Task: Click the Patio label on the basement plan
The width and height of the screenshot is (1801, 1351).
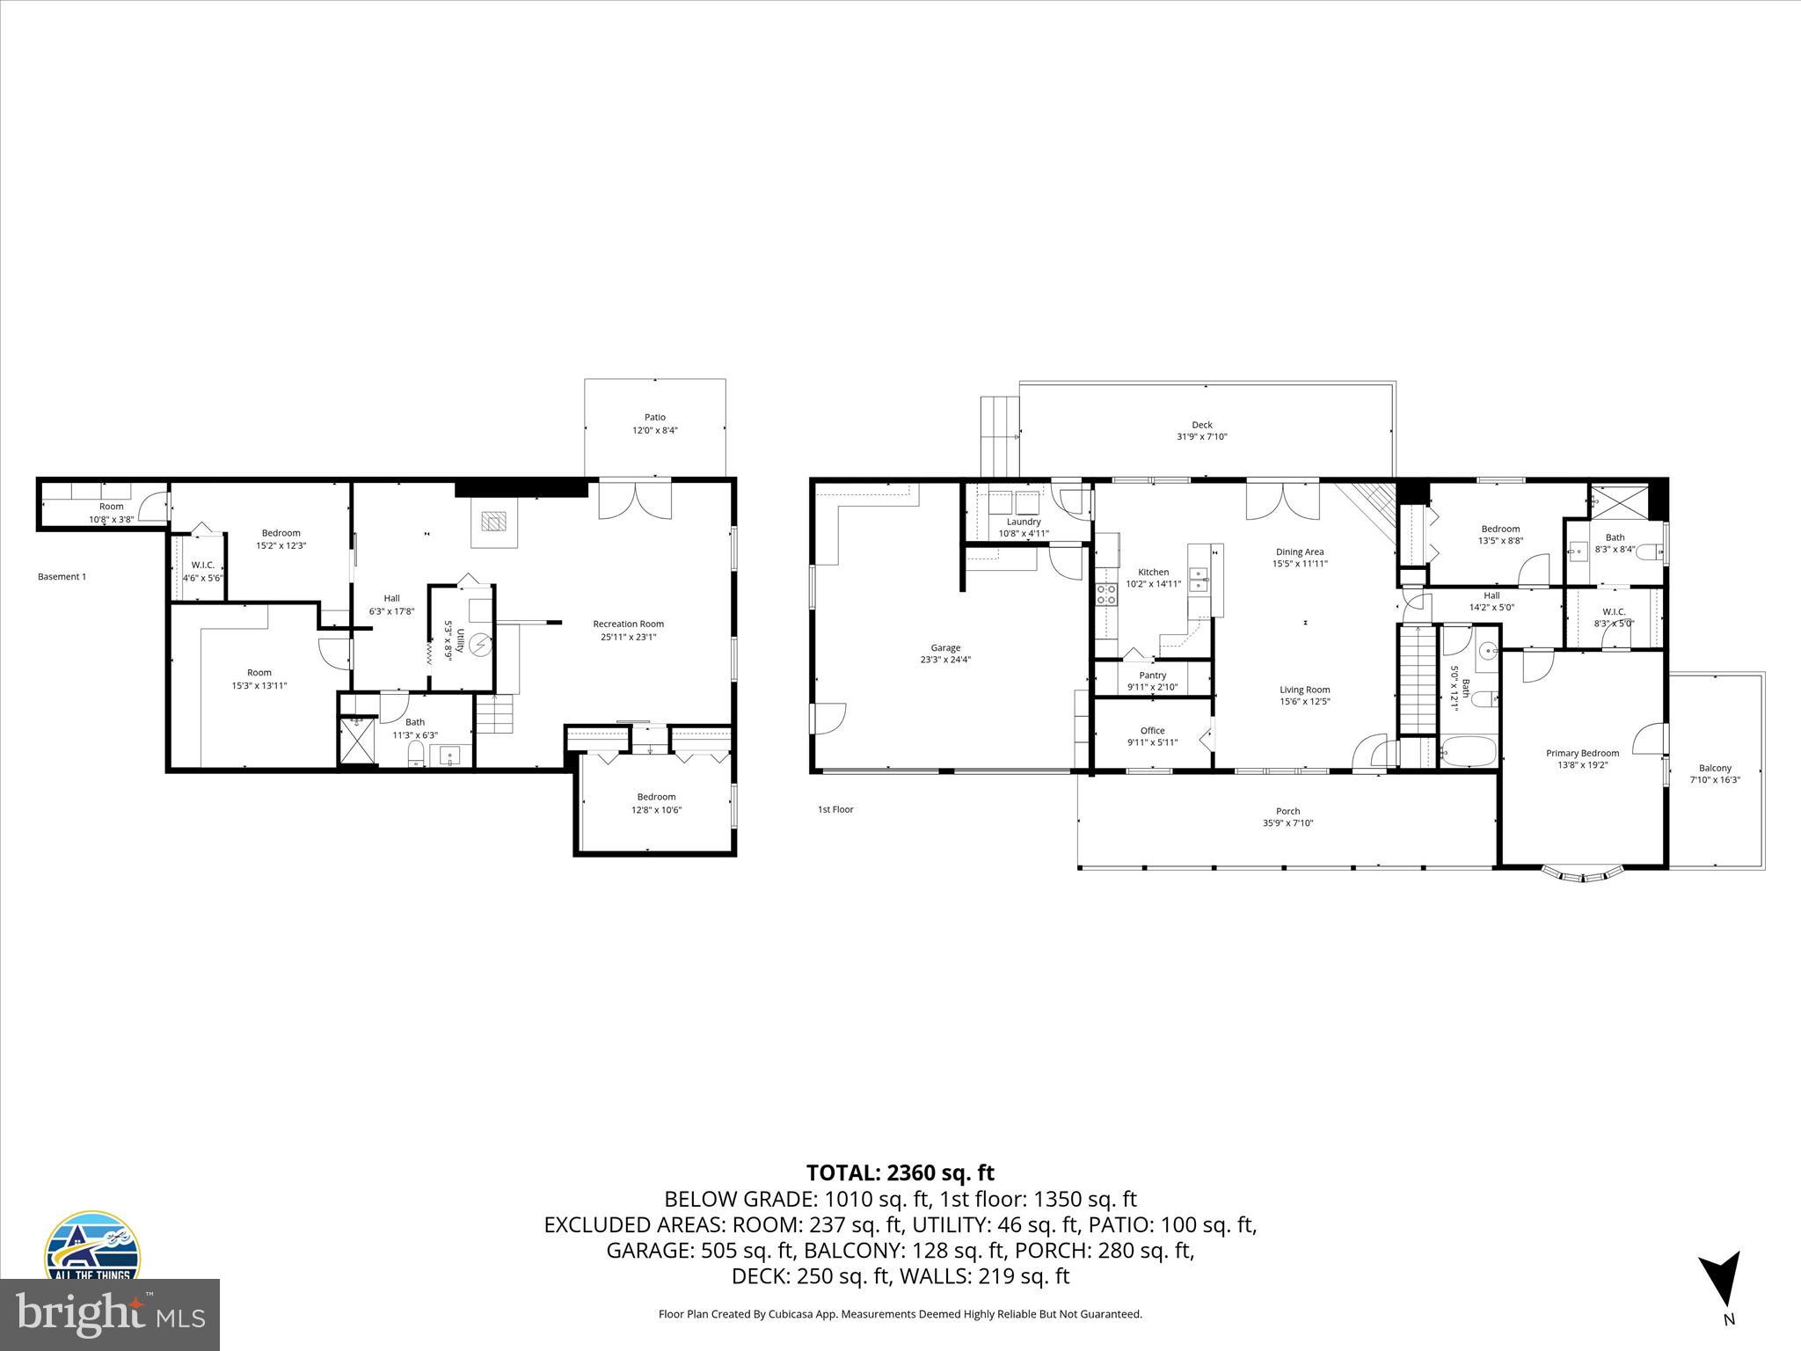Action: pyautogui.click(x=654, y=418)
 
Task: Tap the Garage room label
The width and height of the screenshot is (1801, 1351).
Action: pyautogui.click(x=945, y=648)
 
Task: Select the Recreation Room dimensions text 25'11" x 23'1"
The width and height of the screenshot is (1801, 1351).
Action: pyautogui.click(x=628, y=637)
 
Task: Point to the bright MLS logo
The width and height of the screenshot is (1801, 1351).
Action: pyautogui.click(x=110, y=1314)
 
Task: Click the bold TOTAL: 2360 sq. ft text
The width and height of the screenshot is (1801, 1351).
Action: pyautogui.click(x=900, y=1172)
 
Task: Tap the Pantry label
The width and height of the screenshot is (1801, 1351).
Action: pyautogui.click(x=1152, y=675)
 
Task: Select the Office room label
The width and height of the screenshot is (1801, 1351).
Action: pyautogui.click(x=1152, y=731)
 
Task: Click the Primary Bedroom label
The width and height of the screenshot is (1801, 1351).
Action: pyautogui.click(x=1582, y=753)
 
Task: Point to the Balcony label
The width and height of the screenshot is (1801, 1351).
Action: pyautogui.click(x=1715, y=768)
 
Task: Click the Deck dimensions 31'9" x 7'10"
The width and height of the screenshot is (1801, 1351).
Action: pyautogui.click(x=1201, y=437)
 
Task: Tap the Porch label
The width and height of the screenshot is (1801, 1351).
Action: pyautogui.click(x=1287, y=812)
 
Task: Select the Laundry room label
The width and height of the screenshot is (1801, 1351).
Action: pyautogui.click(x=1024, y=522)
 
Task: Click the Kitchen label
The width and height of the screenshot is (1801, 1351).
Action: pyautogui.click(x=1153, y=573)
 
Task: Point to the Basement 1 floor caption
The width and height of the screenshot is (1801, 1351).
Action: pyautogui.click(x=62, y=577)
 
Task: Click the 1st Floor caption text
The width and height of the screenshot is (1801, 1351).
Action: pyautogui.click(x=835, y=809)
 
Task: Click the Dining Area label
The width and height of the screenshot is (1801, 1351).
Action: pyautogui.click(x=1300, y=552)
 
